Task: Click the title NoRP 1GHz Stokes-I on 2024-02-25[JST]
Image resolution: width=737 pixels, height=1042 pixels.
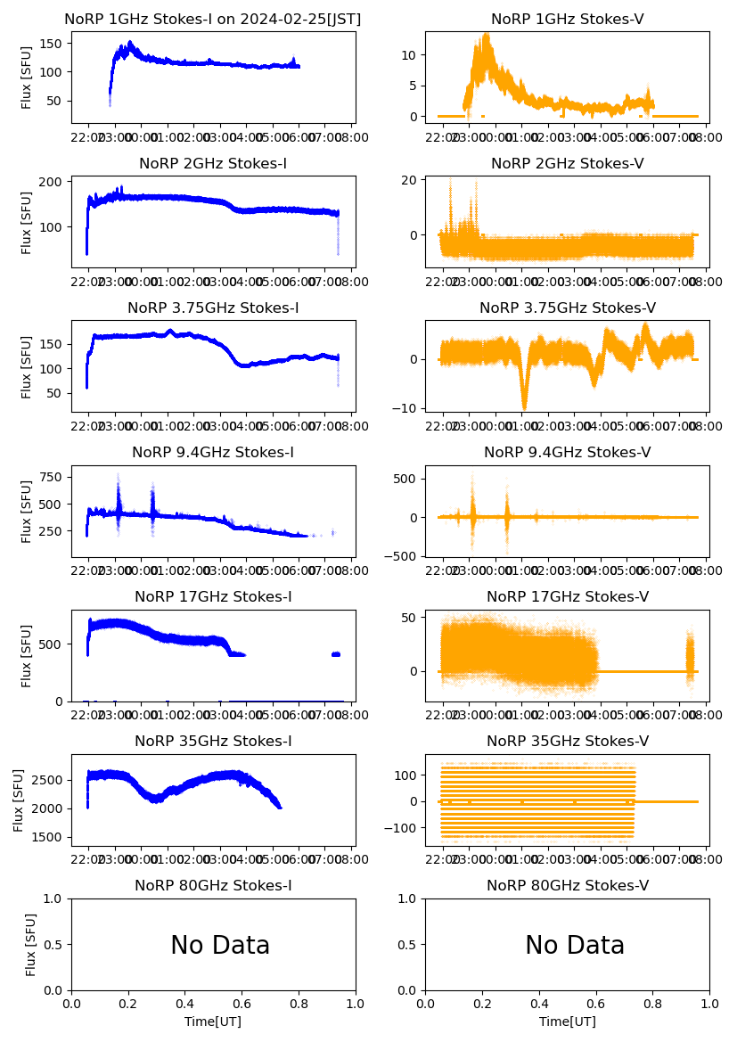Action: click(x=213, y=20)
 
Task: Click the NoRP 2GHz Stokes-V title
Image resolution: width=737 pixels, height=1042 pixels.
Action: click(x=567, y=164)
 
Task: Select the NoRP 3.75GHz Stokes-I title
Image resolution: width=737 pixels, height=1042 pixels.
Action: click(x=213, y=308)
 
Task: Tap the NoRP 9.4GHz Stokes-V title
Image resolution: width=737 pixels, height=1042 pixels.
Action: click(x=567, y=453)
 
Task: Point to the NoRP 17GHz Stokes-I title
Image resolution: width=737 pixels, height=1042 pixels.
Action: click(x=213, y=597)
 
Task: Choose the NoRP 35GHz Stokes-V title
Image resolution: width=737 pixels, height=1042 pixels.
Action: click(x=567, y=742)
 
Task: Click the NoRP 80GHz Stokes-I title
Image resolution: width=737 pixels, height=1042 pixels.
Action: click(x=213, y=886)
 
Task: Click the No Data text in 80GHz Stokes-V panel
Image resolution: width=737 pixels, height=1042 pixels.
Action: click(x=575, y=946)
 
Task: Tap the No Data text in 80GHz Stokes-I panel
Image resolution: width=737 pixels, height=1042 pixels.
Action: click(x=220, y=946)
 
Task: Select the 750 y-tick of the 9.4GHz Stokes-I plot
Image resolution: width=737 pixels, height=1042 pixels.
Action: click(x=51, y=477)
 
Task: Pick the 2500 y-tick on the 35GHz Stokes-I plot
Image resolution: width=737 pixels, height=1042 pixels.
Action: click(x=48, y=780)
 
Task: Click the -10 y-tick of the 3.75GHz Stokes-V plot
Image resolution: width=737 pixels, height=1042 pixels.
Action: click(x=406, y=408)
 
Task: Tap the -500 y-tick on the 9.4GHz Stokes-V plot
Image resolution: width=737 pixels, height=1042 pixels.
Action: click(x=403, y=556)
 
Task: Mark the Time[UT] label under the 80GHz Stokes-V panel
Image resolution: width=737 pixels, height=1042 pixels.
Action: click(x=567, y=1021)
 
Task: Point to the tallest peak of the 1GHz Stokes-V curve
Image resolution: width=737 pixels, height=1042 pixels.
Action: click(x=486, y=36)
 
